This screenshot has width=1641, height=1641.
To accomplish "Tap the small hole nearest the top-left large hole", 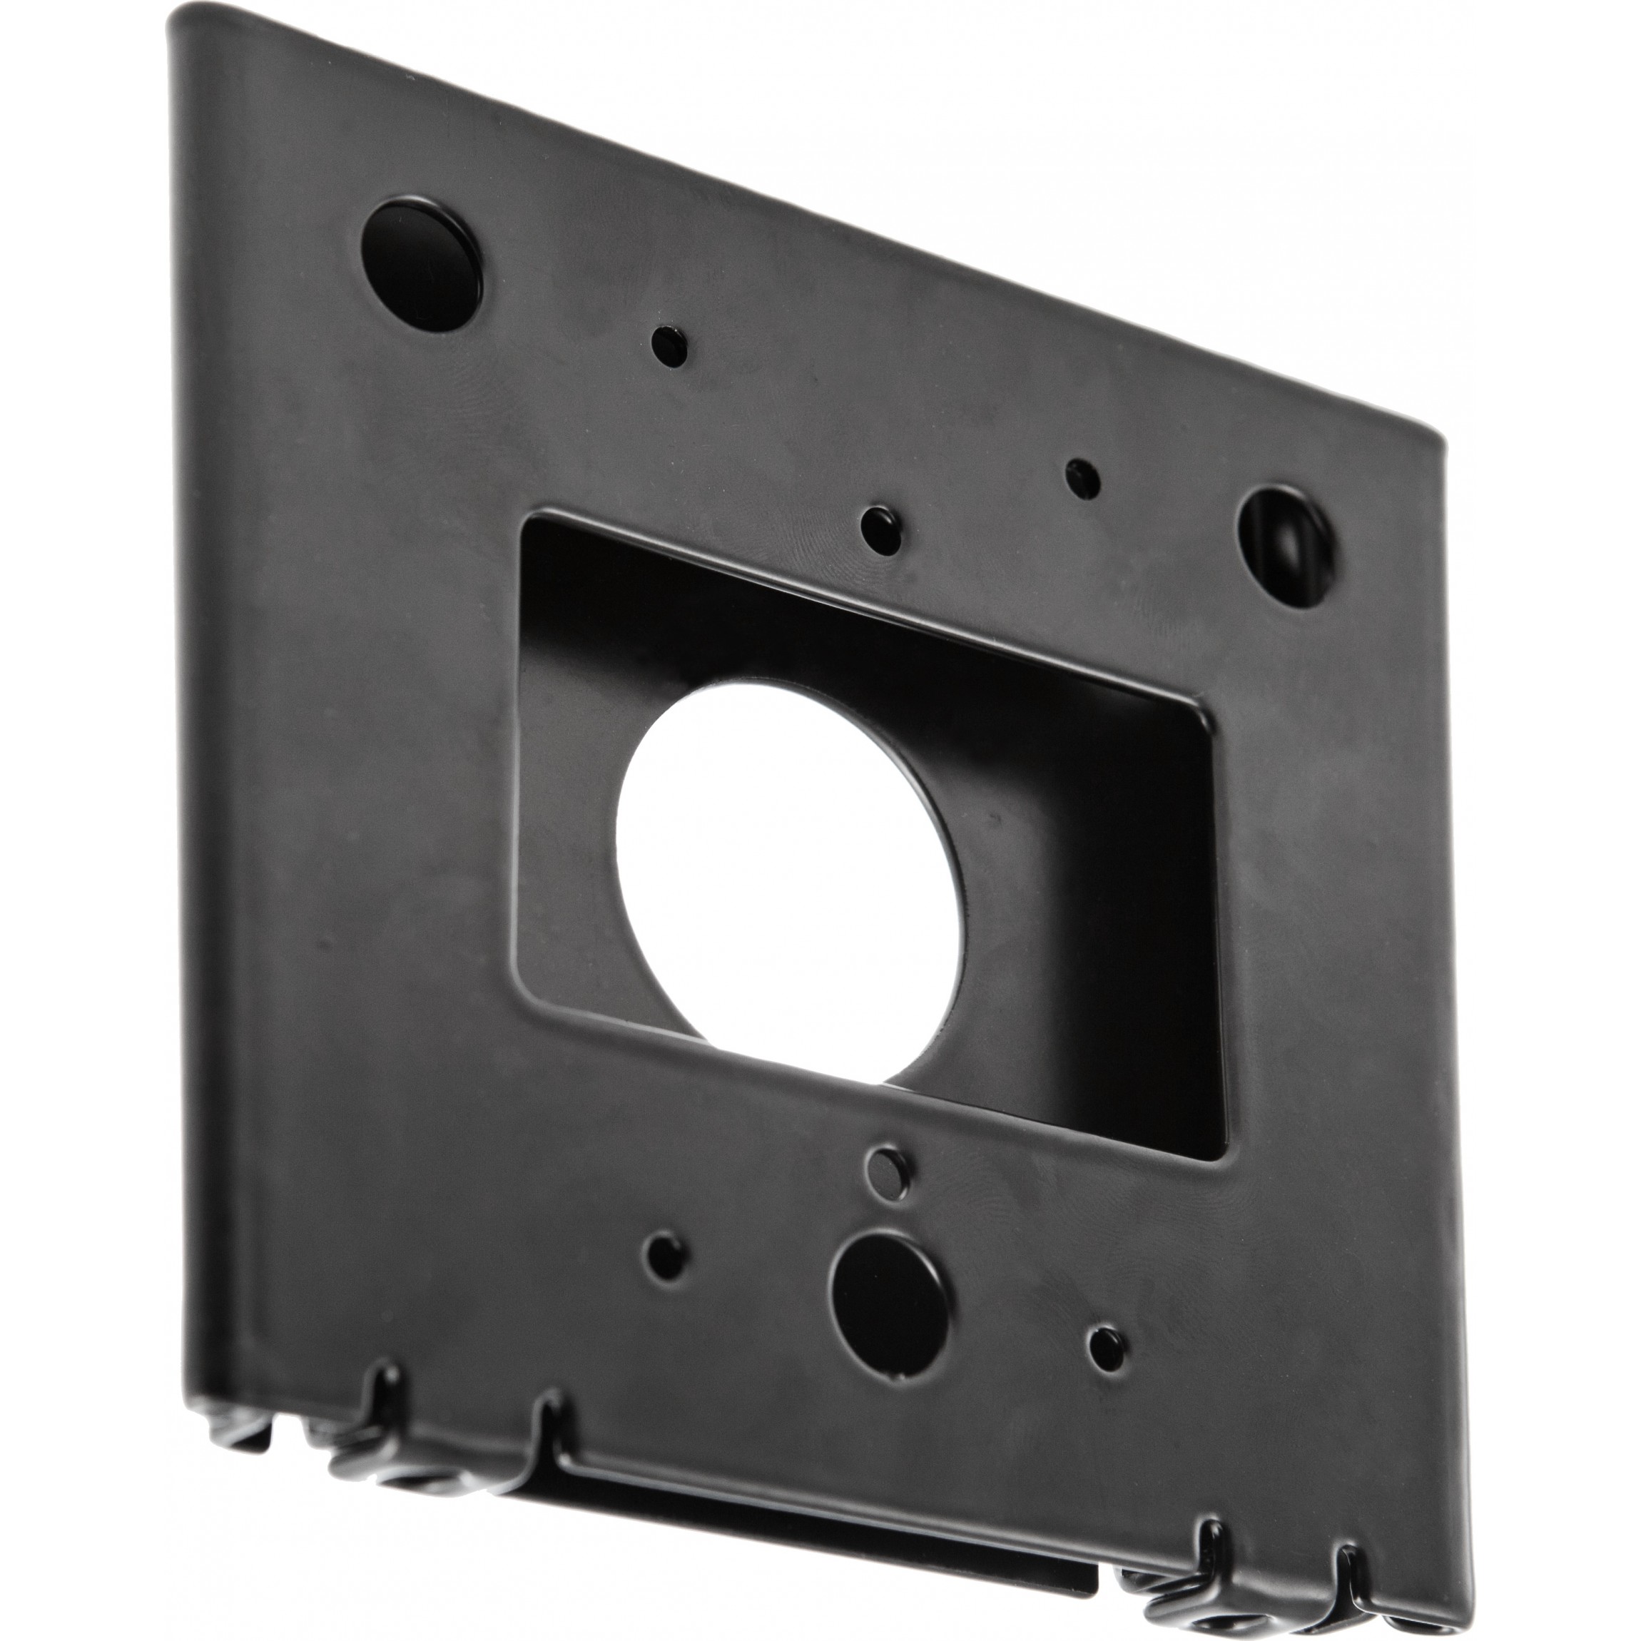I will [x=669, y=344].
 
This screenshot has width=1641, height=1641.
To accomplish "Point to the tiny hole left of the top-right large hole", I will [x=1082, y=478].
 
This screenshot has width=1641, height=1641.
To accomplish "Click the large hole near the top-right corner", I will [x=1284, y=548].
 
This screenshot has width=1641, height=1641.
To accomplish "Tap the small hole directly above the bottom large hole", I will [x=887, y=1173].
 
